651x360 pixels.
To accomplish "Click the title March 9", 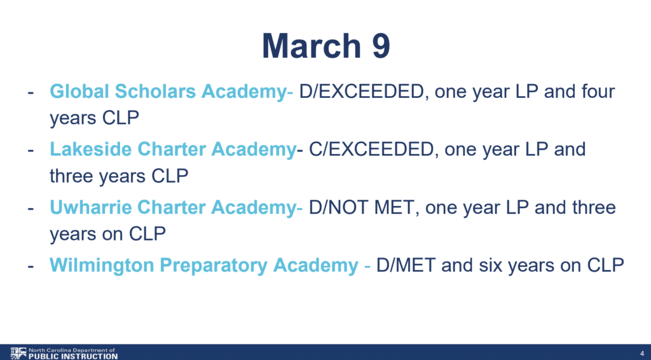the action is pyautogui.click(x=326, y=46).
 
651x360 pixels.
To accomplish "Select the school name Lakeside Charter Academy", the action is pyautogui.click(x=173, y=149).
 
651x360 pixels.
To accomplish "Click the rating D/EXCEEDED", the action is pyautogui.click(x=361, y=92).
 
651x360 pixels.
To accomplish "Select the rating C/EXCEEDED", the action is pyautogui.click(x=371, y=149).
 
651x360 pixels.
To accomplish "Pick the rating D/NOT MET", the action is pyautogui.click(x=361, y=207).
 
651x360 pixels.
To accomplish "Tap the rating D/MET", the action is pyautogui.click(x=406, y=265).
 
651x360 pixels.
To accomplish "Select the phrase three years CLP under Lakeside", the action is pyautogui.click(x=119, y=176).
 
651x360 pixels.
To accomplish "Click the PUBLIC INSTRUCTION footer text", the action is pyautogui.click(x=73, y=356).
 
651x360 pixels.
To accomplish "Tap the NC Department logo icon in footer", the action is pyautogui.click(x=18, y=354).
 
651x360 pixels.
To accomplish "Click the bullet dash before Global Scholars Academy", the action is pyautogui.click(x=31, y=93).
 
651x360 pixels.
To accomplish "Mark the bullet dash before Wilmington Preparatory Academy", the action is pyautogui.click(x=31, y=266).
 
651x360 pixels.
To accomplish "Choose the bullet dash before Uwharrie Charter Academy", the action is pyautogui.click(x=31, y=208).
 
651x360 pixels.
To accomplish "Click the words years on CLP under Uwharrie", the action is pyautogui.click(x=107, y=234).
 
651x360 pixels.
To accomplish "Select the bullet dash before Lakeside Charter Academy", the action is pyautogui.click(x=31, y=150).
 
